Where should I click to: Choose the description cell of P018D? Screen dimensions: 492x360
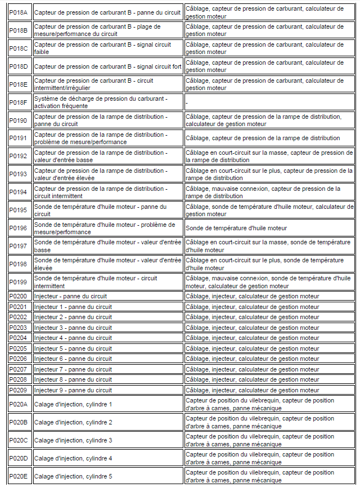[x=108, y=66]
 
